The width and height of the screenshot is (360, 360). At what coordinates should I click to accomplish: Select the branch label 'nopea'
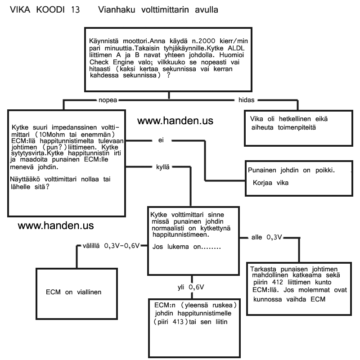click(108, 99)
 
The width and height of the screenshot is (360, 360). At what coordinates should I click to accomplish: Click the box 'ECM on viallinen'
click(74, 292)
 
